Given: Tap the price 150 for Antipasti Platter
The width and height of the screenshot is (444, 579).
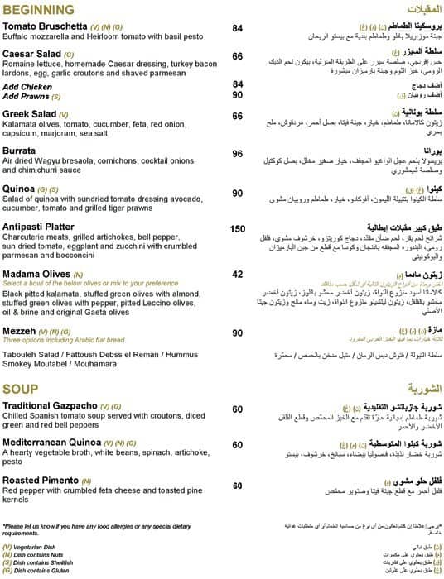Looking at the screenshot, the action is pyautogui.click(x=238, y=229).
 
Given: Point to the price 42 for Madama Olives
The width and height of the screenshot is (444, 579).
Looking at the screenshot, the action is pyautogui.click(x=238, y=274).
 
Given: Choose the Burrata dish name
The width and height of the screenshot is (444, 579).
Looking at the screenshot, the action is pyautogui.click(x=20, y=152).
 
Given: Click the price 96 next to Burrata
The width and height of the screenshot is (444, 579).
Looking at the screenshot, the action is pyautogui.click(x=238, y=154).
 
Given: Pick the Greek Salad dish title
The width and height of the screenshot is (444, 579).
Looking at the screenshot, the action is pyautogui.click(x=30, y=115).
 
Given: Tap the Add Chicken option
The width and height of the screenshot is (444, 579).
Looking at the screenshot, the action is pyautogui.click(x=27, y=86).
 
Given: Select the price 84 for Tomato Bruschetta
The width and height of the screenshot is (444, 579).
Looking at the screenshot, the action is pyautogui.click(x=238, y=28).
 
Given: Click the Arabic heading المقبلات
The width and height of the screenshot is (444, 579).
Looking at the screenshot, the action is pyautogui.click(x=422, y=10).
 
